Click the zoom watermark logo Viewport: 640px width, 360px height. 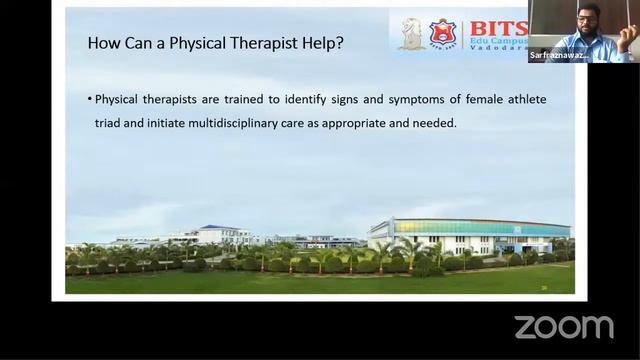564,326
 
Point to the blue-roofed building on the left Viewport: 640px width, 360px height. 215,233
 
